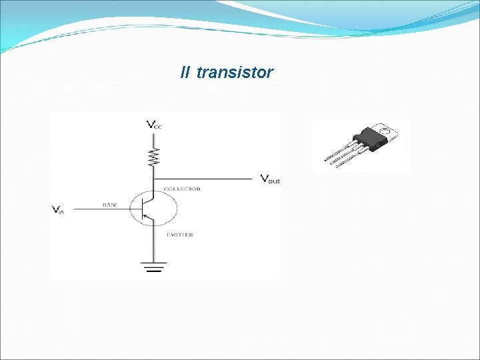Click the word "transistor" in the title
coord(235,73)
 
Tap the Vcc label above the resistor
coord(154,125)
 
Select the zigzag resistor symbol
coord(154,157)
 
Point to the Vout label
coord(270,179)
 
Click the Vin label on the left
coord(58,209)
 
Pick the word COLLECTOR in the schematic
coord(182,189)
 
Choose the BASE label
coord(110,205)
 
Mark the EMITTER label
coord(179,235)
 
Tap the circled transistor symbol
coord(153,209)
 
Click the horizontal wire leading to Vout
coord(207,179)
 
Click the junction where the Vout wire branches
coord(154,179)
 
